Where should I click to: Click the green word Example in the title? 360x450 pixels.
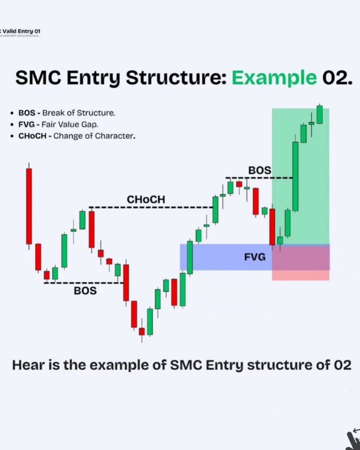click(274, 78)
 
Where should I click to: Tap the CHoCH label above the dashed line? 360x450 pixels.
click(145, 200)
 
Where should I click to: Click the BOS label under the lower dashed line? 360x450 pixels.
click(85, 290)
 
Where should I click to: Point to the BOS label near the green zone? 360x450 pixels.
click(259, 170)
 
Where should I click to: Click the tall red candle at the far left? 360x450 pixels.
click(29, 206)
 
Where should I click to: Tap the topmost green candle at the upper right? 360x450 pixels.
click(319, 114)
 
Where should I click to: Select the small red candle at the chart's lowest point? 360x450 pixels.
click(142, 331)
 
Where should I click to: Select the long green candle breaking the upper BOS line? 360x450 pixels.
click(295, 176)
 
